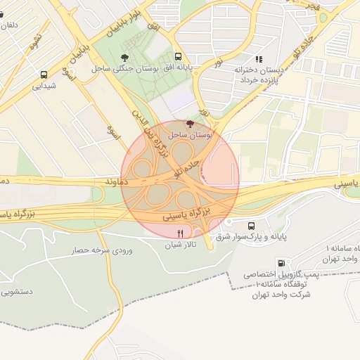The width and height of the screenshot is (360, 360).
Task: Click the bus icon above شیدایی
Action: (44, 74)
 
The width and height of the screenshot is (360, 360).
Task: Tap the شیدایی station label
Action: (44, 86)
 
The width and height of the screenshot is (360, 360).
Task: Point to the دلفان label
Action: (8, 25)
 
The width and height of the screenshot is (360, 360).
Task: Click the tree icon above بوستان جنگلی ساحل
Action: (125, 57)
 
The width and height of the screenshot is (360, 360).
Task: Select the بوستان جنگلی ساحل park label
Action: (120, 69)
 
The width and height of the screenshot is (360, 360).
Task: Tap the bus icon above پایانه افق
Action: (177, 57)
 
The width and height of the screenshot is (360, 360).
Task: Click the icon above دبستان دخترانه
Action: (259, 59)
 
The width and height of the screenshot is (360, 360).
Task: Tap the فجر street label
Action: (311, 5)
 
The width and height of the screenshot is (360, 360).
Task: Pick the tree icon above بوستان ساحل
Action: (188, 124)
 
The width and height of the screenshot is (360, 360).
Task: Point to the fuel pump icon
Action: (281, 263)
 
